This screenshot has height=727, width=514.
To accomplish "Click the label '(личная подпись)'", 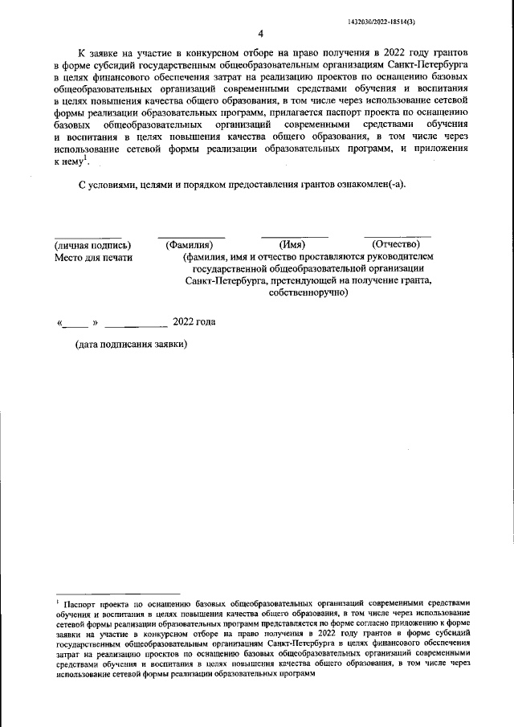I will coord(92,245).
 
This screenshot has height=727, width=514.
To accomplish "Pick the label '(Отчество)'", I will coord(391,245).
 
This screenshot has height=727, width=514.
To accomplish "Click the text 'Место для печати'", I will coord(93,257).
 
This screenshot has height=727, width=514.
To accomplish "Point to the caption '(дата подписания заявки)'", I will coord(132,345).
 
